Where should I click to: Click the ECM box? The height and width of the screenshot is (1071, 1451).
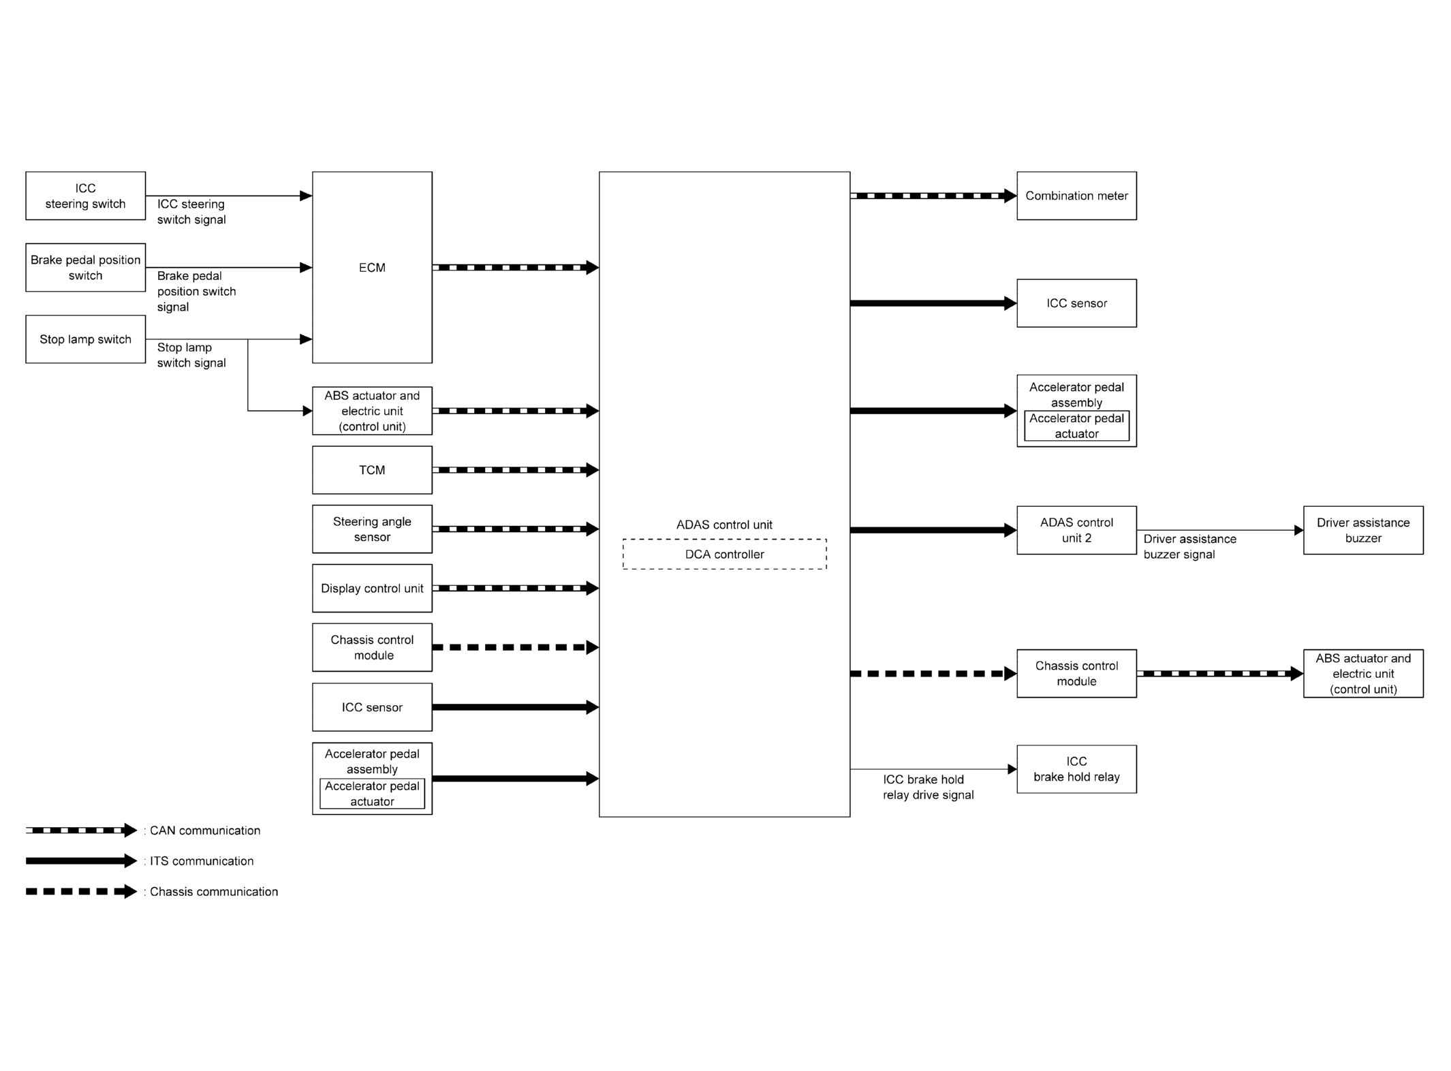pos(372,267)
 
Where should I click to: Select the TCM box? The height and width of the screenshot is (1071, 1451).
pos(372,470)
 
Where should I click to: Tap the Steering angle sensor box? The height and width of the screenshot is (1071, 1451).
pos(372,529)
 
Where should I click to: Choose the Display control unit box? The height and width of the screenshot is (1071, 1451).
pos(372,588)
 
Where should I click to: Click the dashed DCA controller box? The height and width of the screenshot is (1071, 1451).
pos(724,554)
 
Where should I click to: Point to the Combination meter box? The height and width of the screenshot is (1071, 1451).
pos(1076,196)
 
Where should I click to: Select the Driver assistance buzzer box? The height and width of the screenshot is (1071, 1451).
pos(1363,530)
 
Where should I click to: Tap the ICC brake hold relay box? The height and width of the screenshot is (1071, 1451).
pos(1076,769)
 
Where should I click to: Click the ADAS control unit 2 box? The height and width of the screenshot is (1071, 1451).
pos(1076,530)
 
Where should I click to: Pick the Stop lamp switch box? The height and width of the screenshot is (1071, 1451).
pos(85,339)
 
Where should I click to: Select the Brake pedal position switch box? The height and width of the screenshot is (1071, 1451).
pos(85,268)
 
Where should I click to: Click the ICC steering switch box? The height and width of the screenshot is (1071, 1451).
pos(85,196)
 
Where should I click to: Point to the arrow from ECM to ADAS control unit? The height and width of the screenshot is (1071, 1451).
pos(516,268)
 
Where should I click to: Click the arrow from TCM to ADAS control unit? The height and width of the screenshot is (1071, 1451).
pos(516,470)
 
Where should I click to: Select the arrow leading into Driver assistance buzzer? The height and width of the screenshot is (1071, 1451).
pos(1220,530)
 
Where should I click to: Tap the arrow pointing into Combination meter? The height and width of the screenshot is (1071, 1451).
pos(933,196)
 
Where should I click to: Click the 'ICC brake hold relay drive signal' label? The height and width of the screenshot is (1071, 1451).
pos(929,787)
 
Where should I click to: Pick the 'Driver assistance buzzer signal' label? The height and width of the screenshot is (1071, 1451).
pos(1190,546)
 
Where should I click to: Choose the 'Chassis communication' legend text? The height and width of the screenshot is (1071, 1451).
pos(214,892)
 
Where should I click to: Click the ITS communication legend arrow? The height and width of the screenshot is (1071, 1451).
pos(82,861)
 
